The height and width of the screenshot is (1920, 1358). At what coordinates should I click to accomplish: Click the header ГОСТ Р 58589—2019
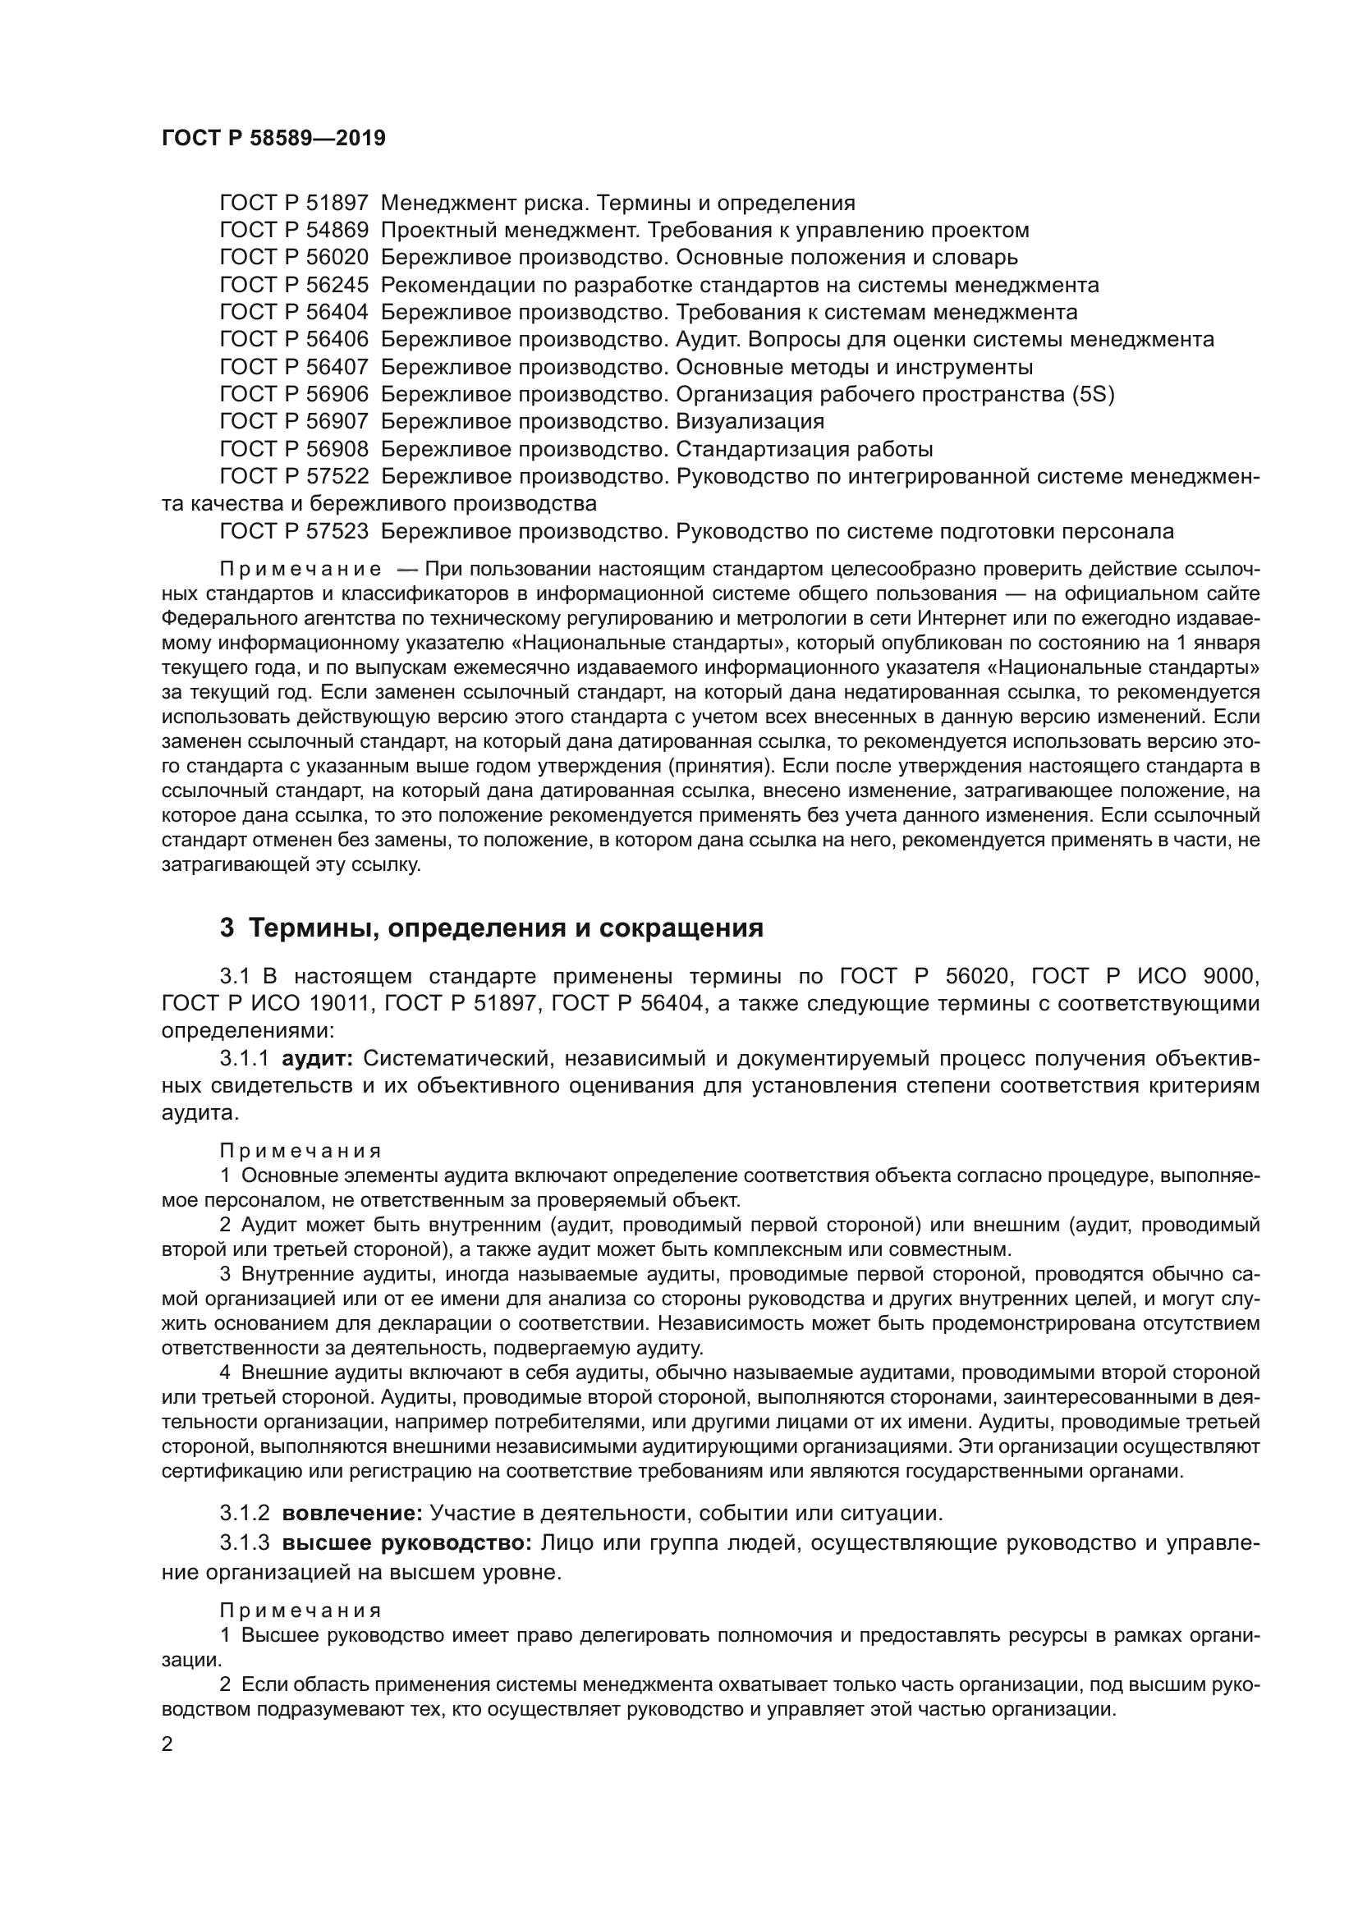click(273, 139)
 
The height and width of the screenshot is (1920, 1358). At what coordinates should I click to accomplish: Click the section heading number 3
click(227, 928)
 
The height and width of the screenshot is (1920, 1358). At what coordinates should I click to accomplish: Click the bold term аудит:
click(318, 1059)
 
